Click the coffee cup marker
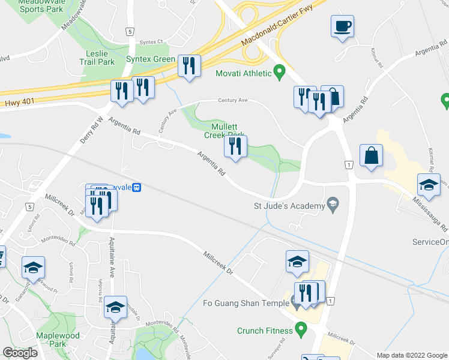pos(342,26)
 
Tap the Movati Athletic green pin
pos(279,74)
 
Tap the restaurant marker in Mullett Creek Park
pos(235,146)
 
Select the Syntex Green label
pos(150,59)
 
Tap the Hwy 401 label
pos(16,103)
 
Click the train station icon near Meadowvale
pos(137,187)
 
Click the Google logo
pos(20,353)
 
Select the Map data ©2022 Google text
pos(411,355)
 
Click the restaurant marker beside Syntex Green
pos(189,67)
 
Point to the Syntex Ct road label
pos(151,42)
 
